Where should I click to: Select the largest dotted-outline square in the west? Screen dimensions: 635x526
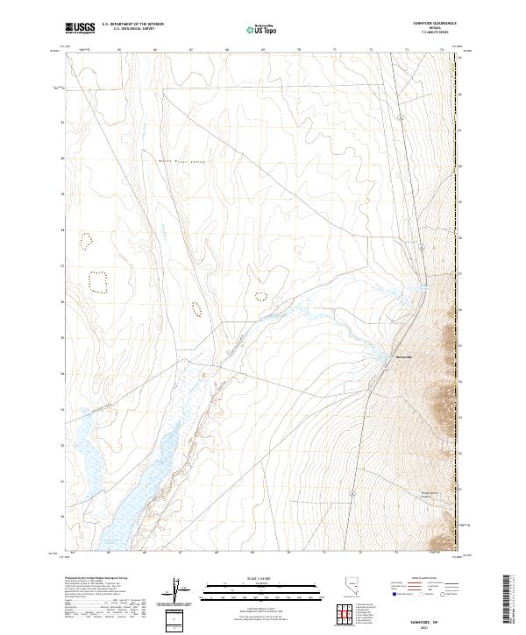click(97, 281)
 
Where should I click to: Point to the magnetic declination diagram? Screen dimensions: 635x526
click(174, 591)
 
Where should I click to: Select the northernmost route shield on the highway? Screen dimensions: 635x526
click(398, 116)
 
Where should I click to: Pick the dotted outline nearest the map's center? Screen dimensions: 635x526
click(260, 296)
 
